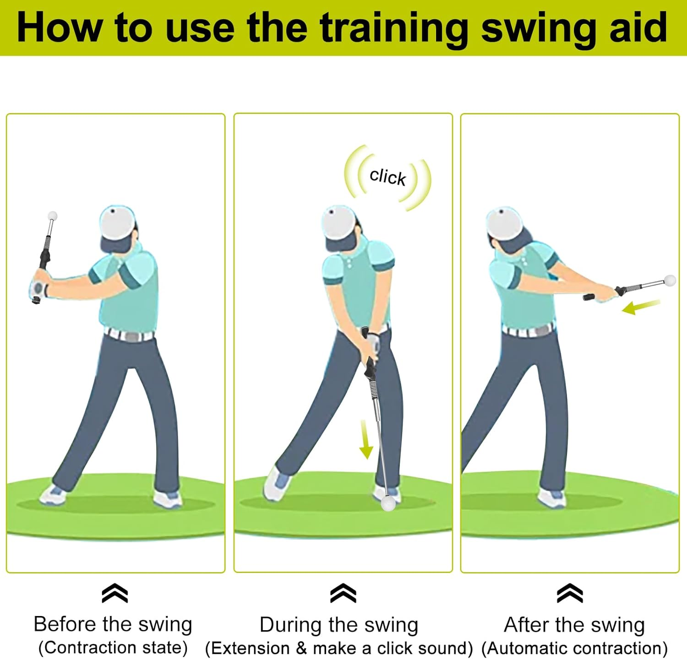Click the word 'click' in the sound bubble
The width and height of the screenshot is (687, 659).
(387, 177)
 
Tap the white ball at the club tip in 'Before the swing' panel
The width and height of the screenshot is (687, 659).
(53, 216)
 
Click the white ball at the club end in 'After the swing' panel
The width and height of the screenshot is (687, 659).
(670, 281)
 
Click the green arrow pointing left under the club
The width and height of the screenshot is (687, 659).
(640, 307)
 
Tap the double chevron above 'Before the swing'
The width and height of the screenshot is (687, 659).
(115, 594)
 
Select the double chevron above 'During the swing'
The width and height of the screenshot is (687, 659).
(343, 594)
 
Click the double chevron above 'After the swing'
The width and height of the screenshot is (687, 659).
(570, 594)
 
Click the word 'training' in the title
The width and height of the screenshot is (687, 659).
(394, 28)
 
